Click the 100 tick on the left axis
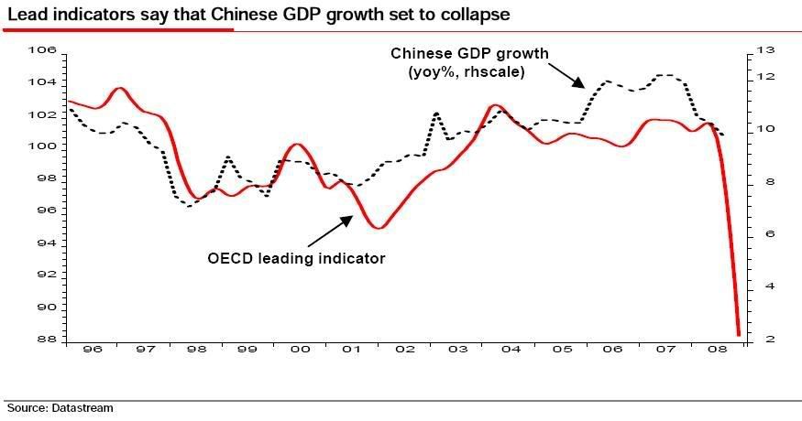[44, 147]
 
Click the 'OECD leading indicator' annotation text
[296, 258]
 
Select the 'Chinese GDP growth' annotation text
[468, 53]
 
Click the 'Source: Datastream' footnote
[60, 408]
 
